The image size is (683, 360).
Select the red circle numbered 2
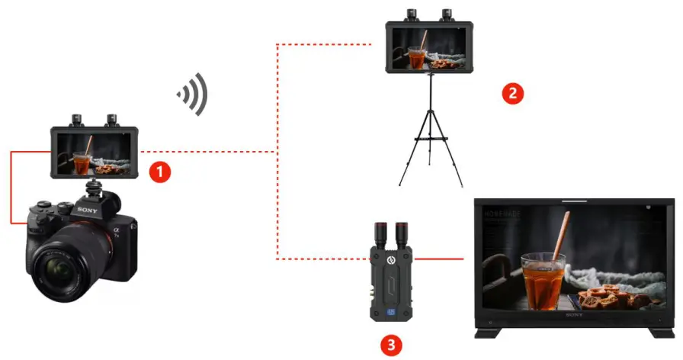pyautogui.click(x=512, y=93)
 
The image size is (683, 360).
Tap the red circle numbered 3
pyautogui.click(x=390, y=345)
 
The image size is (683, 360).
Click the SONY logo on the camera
pyautogui.click(x=86, y=208)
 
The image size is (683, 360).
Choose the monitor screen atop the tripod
pyautogui.click(x=428, y=48)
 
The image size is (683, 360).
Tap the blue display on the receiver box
pyautogui.click(x=390, y=311)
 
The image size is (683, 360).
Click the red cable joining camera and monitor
pyautogui.click(x=12, y=187)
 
